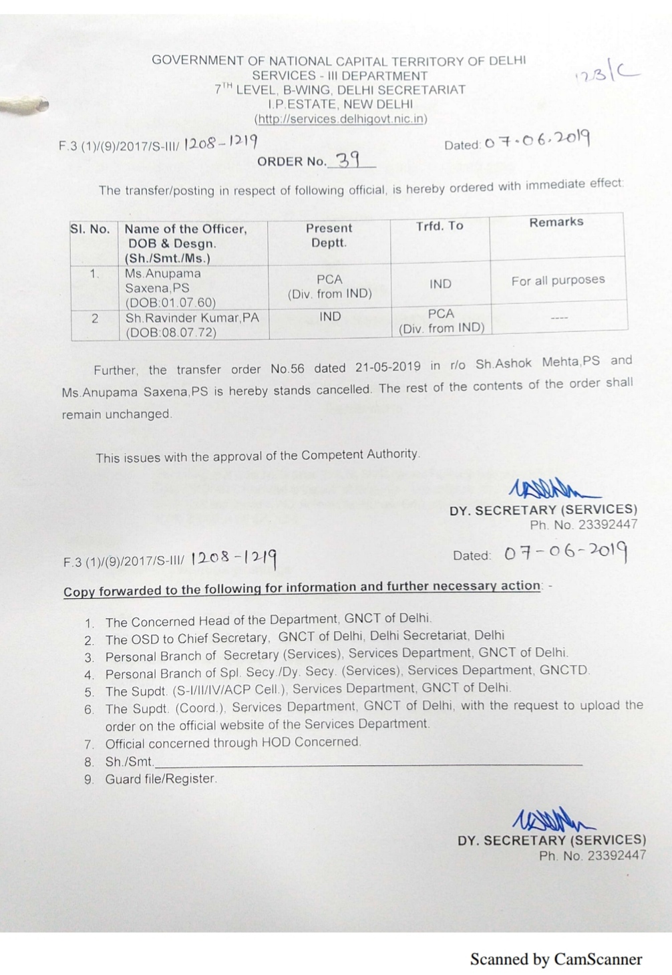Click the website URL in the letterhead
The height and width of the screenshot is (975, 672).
tap(341, 119)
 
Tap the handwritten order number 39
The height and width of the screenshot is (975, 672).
tap(348, 160)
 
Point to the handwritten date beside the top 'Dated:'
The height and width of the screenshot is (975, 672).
tap(537, 140)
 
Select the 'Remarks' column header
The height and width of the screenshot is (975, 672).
tap(556, 222)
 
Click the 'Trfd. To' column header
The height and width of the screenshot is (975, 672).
tap(440, 226)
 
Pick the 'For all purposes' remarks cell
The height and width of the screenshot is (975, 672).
tap(558, 280)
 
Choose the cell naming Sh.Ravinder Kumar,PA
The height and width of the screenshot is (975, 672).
tap(192, 325)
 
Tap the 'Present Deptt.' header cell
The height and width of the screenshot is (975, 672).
tap(329, 235)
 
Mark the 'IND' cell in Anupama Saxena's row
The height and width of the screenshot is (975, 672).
tap(440, 284)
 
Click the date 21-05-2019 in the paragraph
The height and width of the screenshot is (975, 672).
tap(388, 367)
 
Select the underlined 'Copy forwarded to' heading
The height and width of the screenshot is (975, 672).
tap(302, 588)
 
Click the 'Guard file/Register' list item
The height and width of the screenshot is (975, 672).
tap(161, 779)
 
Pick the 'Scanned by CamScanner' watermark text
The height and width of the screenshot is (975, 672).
tap(556, 960)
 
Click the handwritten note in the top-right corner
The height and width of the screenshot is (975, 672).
tap(607, 73)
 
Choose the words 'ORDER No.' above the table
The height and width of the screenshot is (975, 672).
tap(291, 162)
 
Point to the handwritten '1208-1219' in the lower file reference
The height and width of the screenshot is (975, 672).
tap(234, 558)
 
